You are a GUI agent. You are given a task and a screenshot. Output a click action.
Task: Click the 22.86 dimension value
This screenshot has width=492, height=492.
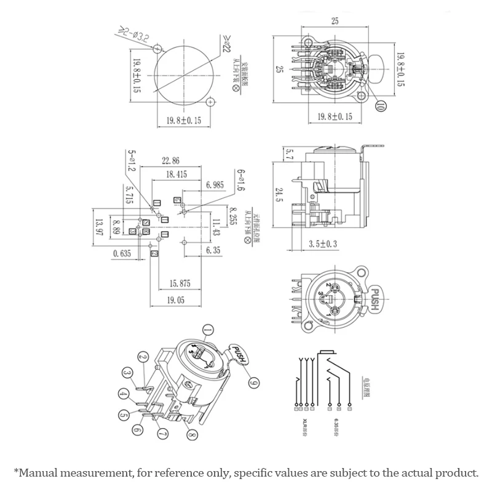tap(172, 161)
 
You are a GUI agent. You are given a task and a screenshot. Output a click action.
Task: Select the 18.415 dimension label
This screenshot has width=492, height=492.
tap(176, 175)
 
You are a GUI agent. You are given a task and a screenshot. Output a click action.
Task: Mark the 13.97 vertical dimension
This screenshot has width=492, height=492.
tap(98, 228)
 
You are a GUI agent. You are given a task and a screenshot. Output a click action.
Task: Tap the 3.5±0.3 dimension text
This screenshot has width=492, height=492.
tap(322, 244)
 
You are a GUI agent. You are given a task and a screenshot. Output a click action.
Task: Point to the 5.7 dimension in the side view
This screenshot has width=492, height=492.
tap(290, 154)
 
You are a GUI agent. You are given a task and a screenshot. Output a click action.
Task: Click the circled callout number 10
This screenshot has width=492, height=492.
tap(380, 106)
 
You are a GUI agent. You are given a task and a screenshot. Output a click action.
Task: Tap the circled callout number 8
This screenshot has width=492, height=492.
tap(192, 437)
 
